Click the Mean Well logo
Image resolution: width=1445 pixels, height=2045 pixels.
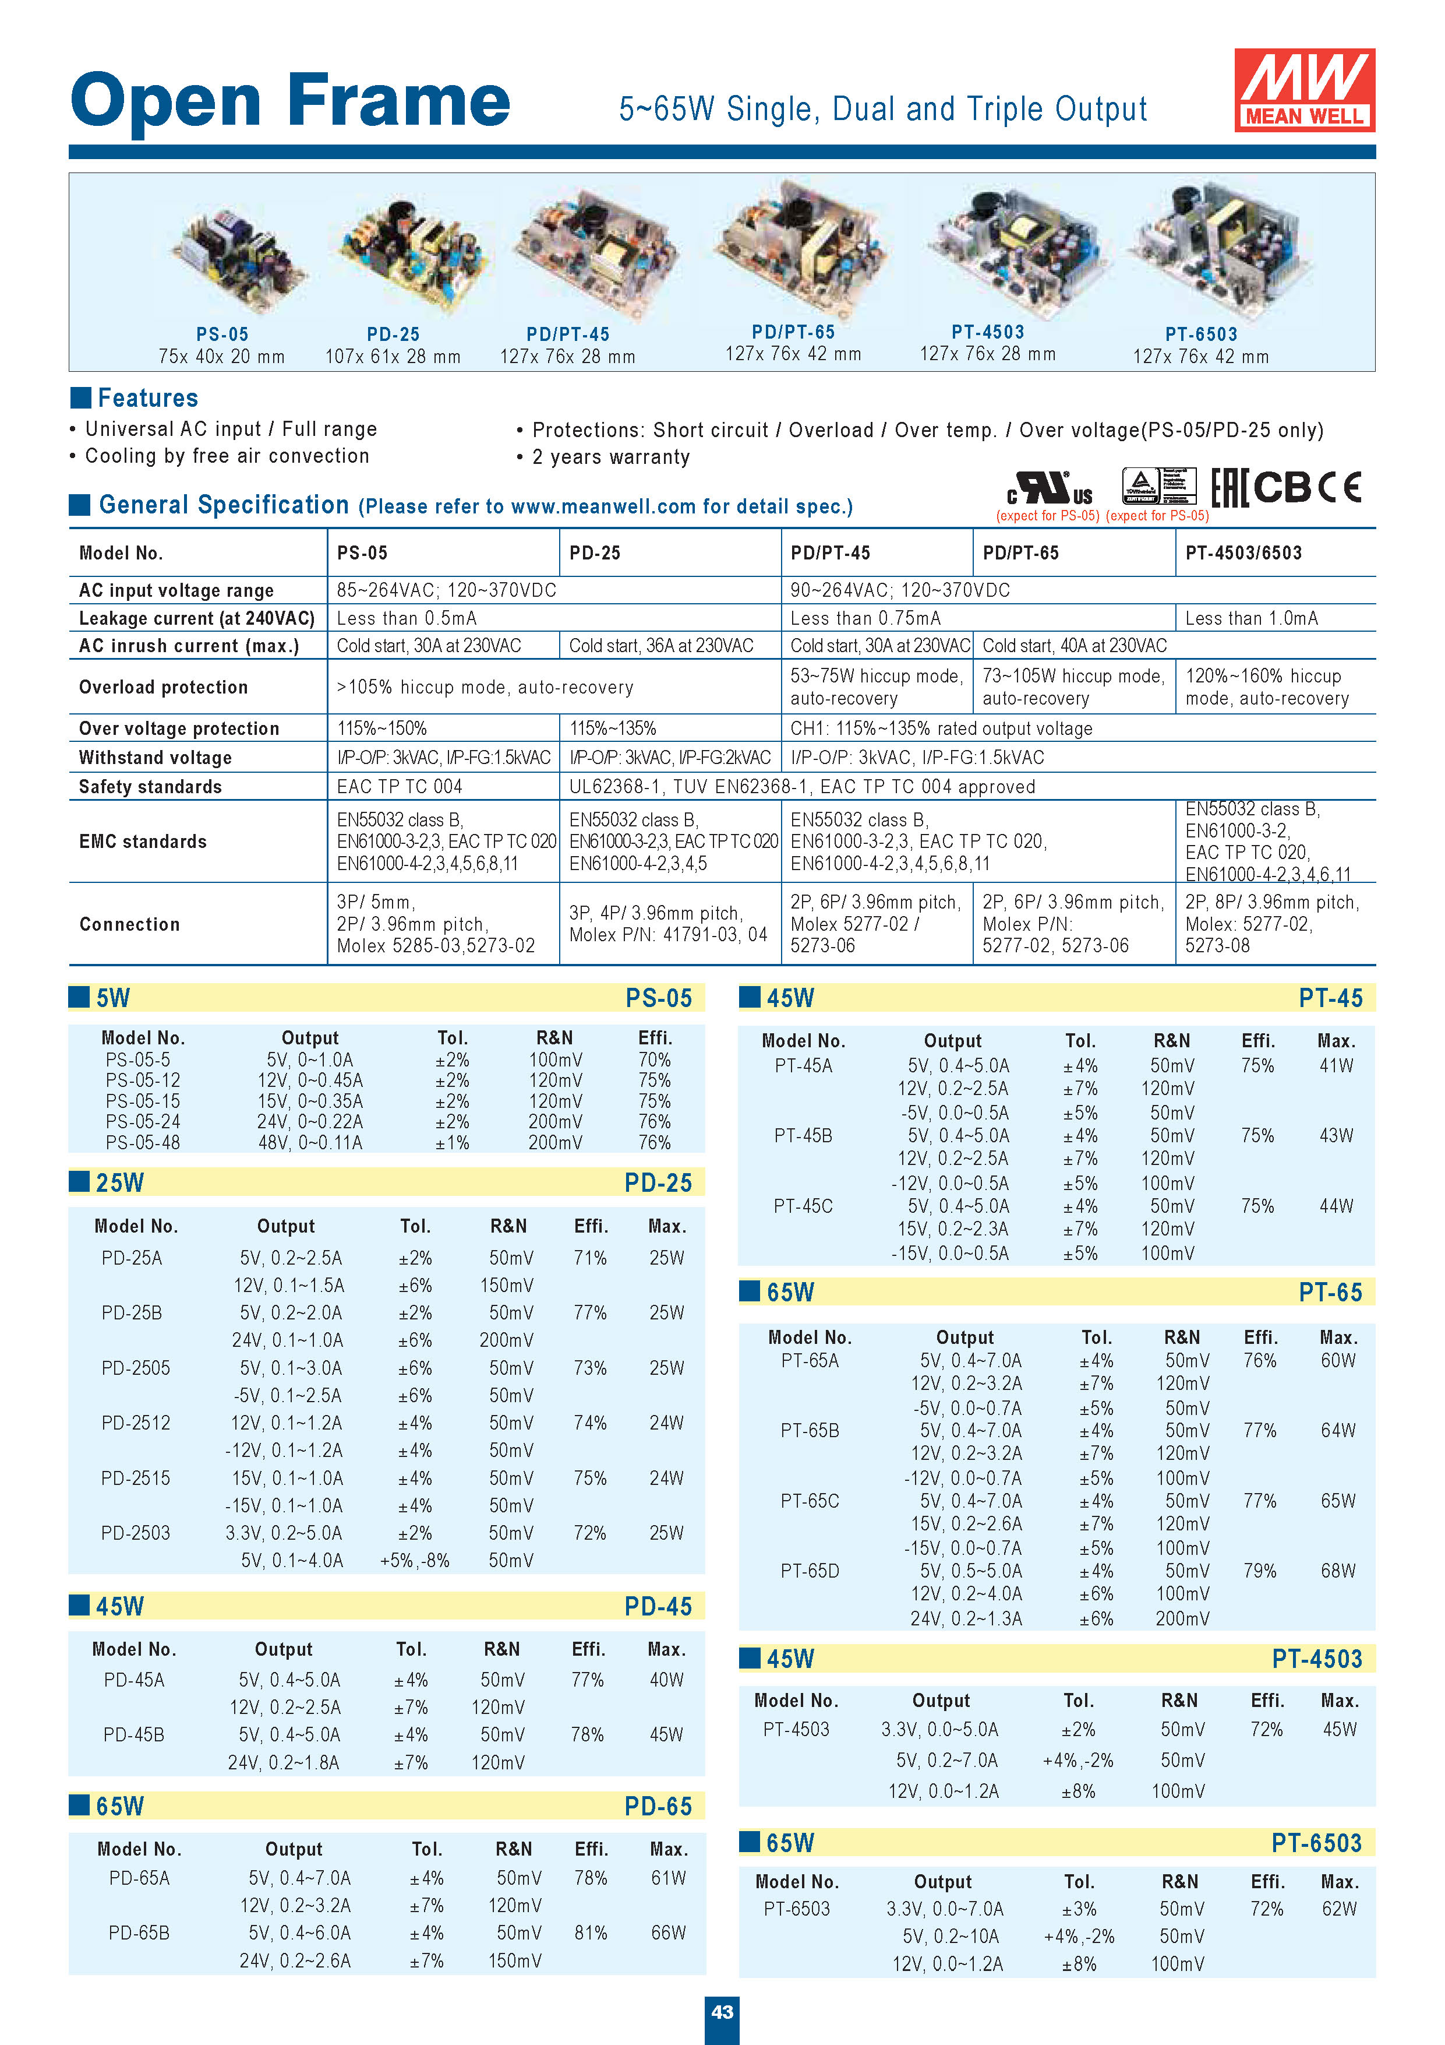point(1303,90)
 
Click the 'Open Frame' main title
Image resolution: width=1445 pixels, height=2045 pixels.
point(290,101)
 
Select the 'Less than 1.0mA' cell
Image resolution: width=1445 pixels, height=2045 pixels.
point(1251,618)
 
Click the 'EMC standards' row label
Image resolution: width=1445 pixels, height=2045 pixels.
point(143,842)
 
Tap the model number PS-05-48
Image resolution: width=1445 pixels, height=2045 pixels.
point(143,1142)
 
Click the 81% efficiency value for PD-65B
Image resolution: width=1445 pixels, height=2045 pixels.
point(590,1933)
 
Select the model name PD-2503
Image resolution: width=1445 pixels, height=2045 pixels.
point(135,1533)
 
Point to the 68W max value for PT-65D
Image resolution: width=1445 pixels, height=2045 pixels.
point(1337,1570)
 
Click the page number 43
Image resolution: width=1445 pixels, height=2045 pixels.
point(722,2011)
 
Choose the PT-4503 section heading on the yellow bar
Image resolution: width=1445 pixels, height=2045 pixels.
point(1316,1659)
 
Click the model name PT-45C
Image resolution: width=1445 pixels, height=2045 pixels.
point(803,1206)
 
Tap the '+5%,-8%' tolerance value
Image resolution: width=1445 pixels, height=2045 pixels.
point(415,1561)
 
